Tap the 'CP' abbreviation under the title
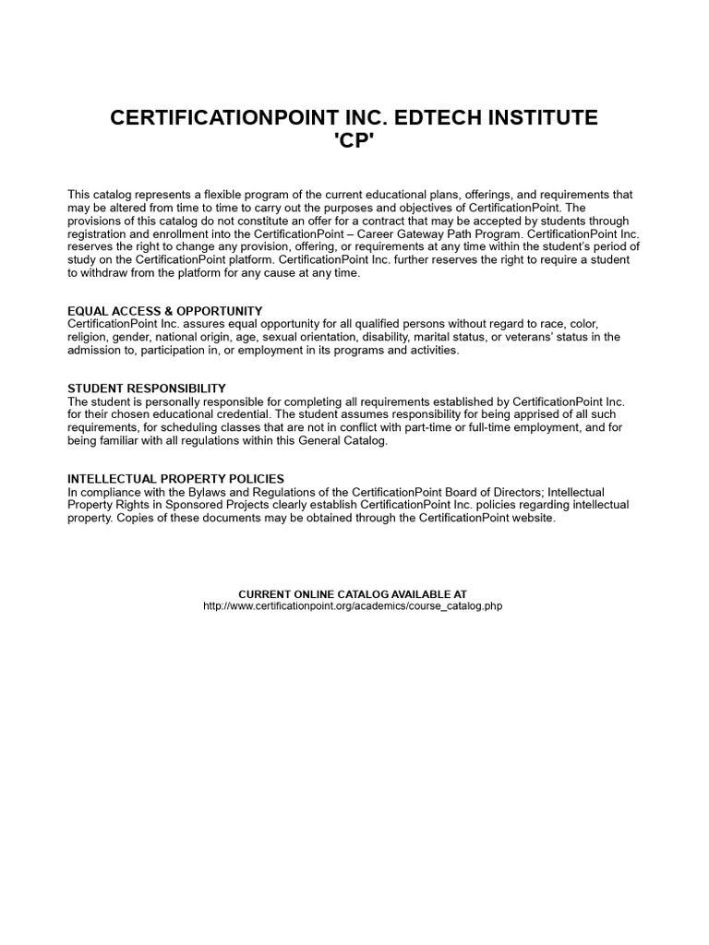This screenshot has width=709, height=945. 354,142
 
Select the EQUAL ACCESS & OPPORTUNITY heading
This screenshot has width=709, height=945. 165,311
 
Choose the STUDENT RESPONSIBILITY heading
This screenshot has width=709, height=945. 147,389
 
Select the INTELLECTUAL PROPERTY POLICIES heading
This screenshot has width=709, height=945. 175,479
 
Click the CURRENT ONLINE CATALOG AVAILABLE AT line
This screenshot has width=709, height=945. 353,593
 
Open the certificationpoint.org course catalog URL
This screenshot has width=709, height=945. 353,606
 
